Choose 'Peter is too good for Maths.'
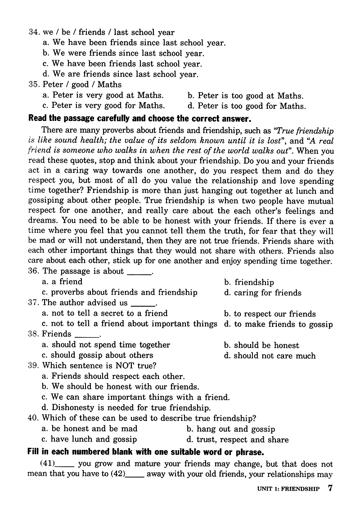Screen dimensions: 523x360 [246, 106]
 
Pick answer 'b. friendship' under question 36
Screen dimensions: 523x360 [249, 282]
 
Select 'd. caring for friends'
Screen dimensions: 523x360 [263, 293]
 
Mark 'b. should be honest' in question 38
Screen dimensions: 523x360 [261, 345]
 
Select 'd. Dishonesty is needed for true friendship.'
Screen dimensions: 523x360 [126, 408]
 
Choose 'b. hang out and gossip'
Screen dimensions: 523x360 [230, 429]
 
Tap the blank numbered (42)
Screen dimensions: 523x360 [135, 474]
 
